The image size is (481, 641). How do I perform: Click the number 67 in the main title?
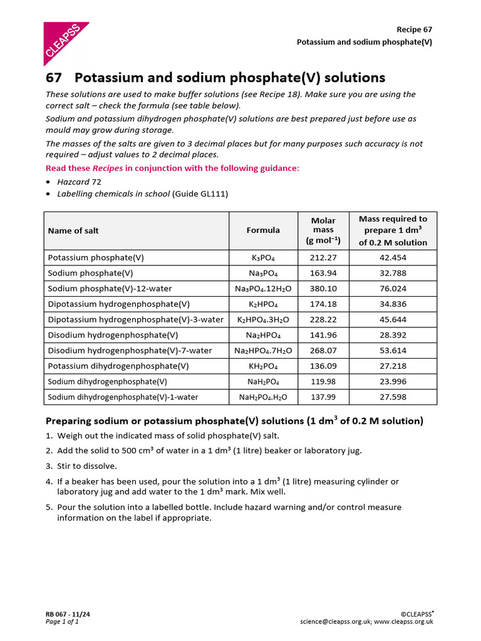54,78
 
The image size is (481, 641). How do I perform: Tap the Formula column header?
263,230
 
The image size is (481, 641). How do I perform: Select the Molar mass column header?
323,230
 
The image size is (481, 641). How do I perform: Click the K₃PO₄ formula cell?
263,258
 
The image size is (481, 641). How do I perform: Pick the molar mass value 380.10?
323,289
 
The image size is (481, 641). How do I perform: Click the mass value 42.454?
393,258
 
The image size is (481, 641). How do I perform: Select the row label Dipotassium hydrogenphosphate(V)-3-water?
135,319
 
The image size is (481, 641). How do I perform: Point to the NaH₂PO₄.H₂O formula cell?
263,397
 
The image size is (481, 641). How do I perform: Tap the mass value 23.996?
393,381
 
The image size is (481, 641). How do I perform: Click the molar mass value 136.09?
323,366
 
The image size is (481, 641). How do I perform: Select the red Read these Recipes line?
173,168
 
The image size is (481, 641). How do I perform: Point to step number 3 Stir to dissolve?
86,466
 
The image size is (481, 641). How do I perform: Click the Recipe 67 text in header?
414,29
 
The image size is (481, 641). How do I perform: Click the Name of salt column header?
73,230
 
